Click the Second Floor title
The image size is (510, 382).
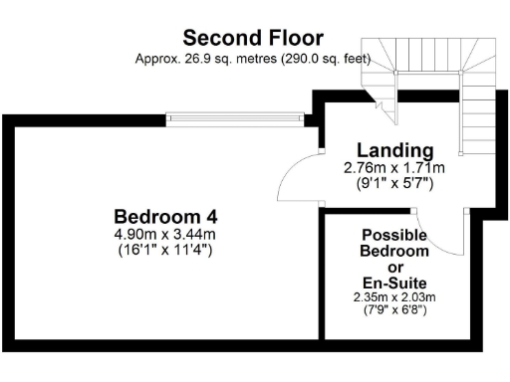coord(253,38)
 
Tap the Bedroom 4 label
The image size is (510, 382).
coord(165,216)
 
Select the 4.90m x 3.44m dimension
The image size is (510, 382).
coord(165,234)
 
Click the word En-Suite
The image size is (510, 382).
coord(394,283)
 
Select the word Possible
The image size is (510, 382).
coord(394,236)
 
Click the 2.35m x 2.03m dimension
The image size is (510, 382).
coord(394,297)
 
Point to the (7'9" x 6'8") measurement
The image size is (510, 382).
coord(394,309)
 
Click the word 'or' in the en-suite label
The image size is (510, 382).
coord(394,268)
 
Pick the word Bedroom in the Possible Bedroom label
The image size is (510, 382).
coord(394,252)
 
